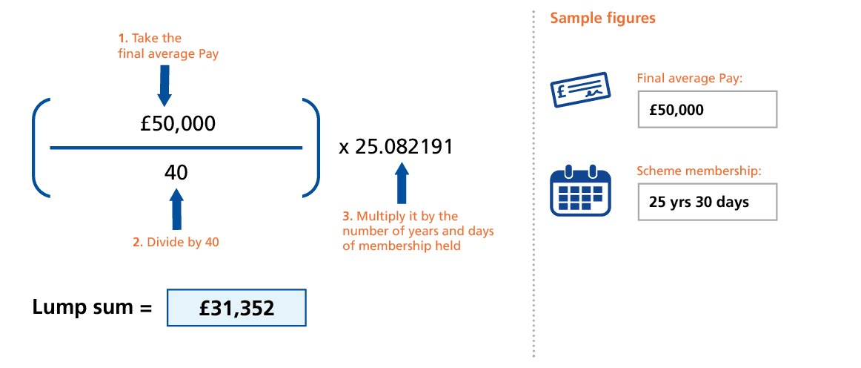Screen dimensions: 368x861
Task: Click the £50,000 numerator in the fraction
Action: (x=178, y=123)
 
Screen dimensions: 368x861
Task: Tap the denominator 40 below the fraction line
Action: (x=176, y=172)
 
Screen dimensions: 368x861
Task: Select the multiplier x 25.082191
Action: (x=396, y=147)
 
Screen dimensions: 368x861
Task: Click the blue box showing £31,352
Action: (x=237, y=308)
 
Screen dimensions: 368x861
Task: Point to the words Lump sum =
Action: (x=92, y=307)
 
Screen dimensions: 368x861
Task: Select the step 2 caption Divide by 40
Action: (x=176, y=242)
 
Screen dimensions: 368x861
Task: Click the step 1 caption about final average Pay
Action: (x=168, y=46)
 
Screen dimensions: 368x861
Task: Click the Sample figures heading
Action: (x=602, y=19)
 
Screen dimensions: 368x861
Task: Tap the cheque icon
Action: (x=580, y=91)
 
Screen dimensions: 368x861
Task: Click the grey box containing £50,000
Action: (x=707, y=109)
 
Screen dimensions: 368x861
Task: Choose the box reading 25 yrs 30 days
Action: (x=707, y=202)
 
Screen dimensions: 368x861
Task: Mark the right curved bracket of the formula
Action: (x=313, y=148)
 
